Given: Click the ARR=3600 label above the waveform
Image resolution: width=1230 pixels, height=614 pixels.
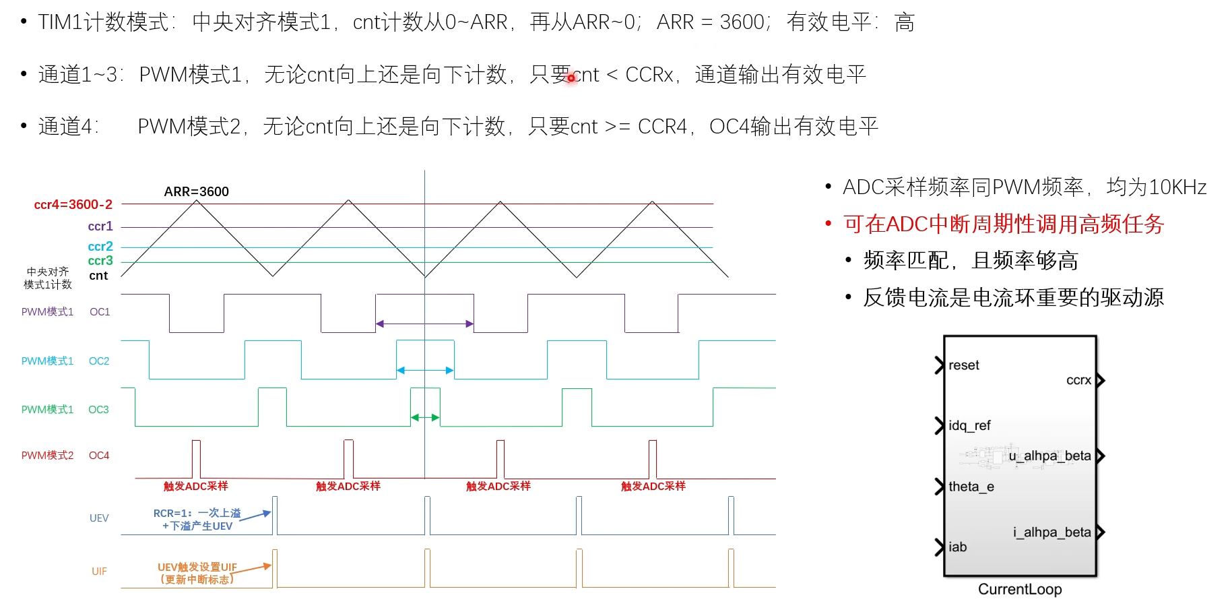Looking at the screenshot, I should coord(196,191).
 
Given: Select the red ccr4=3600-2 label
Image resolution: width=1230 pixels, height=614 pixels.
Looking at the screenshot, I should coord(73,204).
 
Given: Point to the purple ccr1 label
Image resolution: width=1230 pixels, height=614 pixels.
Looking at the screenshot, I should coord(100,226).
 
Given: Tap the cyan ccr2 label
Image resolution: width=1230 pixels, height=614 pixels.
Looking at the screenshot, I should coord(100,247).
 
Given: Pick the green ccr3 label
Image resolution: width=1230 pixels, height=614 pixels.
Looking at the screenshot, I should coord(100,261).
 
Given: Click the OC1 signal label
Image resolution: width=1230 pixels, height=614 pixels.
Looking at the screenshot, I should coord(100,312).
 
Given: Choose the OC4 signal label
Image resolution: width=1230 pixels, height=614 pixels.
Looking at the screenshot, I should coord(99,456).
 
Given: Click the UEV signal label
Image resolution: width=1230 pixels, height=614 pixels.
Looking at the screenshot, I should coord(99,518).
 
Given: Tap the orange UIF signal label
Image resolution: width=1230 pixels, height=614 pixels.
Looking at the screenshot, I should coord(99,572).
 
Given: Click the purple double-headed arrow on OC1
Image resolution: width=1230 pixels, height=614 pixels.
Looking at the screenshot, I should coord(424,324).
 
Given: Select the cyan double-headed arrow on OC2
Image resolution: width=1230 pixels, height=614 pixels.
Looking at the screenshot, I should coord(424,370).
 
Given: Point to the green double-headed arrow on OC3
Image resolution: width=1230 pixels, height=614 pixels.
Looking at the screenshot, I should coord(425,418).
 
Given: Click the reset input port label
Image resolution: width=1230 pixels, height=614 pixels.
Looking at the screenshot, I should coord(963,365).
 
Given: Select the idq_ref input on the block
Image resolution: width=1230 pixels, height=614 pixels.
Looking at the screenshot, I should coord(969,426).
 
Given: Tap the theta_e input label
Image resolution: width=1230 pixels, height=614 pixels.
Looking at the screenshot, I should coord(971,487).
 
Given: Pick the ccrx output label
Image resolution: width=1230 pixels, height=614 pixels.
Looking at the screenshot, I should coord(1078,380).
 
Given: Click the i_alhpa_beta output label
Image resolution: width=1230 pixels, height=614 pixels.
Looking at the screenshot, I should coord(1051,532).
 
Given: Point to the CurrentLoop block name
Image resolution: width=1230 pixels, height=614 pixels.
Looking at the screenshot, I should coord(1020,590).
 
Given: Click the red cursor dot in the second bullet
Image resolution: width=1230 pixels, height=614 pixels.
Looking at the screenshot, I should coord(571,78).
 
